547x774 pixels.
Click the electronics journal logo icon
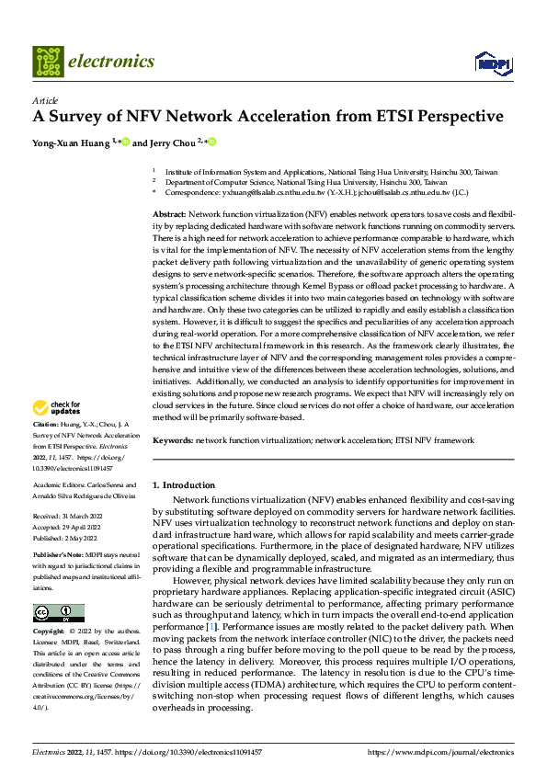pyautogui.click(x=48, y=62)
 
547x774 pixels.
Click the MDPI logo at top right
pyautogui.click(x=491, y=63)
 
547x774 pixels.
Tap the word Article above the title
pyautogui.click(x=45, y=100)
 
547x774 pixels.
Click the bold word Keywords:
pyautogui.click(x=172, y=440)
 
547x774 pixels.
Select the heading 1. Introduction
pyautogui.click(x=183, y=484)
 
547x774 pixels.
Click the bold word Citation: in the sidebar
pyautogui.click(x=46, y=426)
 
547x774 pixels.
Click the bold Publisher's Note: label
pyautogui.click(x=59, y=556)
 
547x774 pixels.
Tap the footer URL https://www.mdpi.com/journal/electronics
pyautogui.click(x=440, y=751)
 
